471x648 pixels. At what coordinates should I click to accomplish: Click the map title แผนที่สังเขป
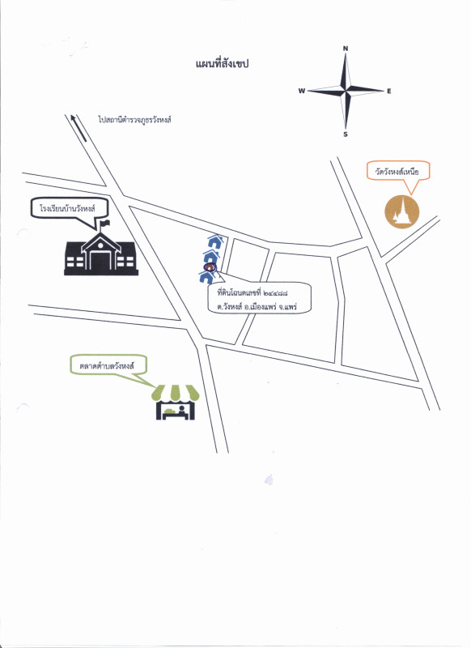point(222,64)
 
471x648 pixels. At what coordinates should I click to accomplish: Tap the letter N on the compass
point(346,49)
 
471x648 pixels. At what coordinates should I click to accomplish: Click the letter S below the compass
point(346,134)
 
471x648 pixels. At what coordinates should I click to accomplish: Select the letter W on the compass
point(302,91)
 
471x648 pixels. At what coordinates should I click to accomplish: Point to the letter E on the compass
point(388,92)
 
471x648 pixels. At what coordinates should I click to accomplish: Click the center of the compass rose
point(346,90)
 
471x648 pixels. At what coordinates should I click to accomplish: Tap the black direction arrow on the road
point(78,128)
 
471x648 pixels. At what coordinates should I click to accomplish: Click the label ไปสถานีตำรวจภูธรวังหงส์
point(135,120)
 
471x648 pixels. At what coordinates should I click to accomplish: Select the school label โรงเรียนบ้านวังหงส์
point(68,208)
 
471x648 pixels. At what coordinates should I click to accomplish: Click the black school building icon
point(101,252)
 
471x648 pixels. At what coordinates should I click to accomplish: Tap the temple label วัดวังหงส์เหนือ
point(397,172)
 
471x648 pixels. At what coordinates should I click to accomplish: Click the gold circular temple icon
point(401,211)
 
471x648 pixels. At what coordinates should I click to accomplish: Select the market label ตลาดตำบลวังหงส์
point(108,366)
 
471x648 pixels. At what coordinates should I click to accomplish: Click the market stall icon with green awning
point(176,402)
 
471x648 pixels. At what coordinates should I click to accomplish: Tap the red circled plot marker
point(210,267)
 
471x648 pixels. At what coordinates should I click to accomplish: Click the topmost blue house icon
point(214,241)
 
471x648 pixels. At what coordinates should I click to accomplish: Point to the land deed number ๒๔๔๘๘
point(275,293)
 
